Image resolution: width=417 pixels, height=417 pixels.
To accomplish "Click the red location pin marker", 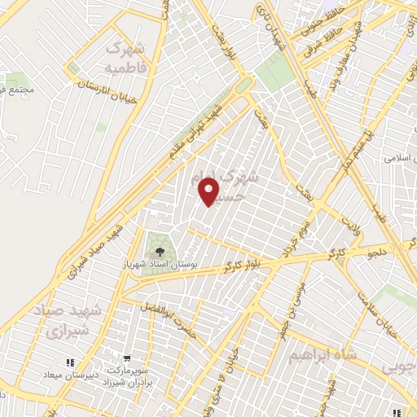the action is [x=209, y=192].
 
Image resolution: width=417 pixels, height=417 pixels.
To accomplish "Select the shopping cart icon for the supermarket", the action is [x=127, y=358].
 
